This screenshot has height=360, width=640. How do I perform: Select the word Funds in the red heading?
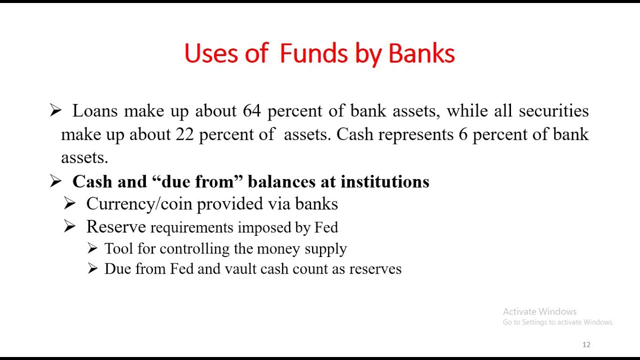pyautogui.click(x=313, y=53)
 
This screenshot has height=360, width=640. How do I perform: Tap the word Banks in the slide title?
pyautogui.click(x=421, y=53)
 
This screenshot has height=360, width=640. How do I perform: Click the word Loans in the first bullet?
pyautogui.click(x=95, y=111)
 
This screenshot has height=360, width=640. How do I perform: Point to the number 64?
pyautogui.click(x=251, y=111)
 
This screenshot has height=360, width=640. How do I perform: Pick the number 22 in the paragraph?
pyautogui.click(x=184, y=134)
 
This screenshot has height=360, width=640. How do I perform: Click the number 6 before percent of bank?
pyautogui.click(x=462, y=134)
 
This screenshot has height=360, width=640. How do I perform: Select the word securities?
pyautogui.click(x=553, y=111)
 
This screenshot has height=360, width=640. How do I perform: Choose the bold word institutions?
pyautogui.click(x=384, y=181)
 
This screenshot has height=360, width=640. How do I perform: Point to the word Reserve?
pyautogui.click(x=115, y=227)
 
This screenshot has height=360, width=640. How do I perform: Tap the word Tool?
pyautogui.click(x=117, y=249)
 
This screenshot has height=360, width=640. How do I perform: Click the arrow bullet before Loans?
pyautogui.click(x=55, y=111)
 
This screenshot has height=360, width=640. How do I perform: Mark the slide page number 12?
pyautogui.click(x=586, y=345)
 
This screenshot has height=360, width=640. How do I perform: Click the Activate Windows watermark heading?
pyautogui.click(x=539, y=311)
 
